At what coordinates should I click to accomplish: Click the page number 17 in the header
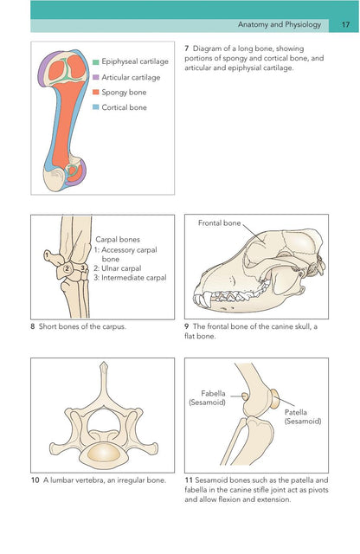(x=345, y=25)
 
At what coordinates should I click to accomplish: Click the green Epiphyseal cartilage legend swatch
(x=96, y=61)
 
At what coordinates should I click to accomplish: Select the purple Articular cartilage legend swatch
(x=96, y=77)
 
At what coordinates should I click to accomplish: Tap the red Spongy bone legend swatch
(x=96, y=93)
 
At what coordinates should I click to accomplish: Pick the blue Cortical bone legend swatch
(x=96, y=107)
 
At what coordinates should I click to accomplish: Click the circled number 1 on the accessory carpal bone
(x=47, y=254)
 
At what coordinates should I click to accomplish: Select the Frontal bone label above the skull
(x=219, y=223)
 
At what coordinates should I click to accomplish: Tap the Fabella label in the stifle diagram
(x=213, y=393)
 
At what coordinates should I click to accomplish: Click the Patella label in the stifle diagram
(x=296, y=412)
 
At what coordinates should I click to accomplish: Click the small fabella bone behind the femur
(x=245, y=396)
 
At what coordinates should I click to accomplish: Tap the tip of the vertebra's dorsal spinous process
(x=103, y=363)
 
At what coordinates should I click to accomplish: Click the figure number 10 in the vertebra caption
(x=35, y=480)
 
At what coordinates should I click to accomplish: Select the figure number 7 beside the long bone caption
(x=187, y=48)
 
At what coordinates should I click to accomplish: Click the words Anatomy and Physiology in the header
(x=280, y=25)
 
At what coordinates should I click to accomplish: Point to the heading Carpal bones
(x=118, y=240)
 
